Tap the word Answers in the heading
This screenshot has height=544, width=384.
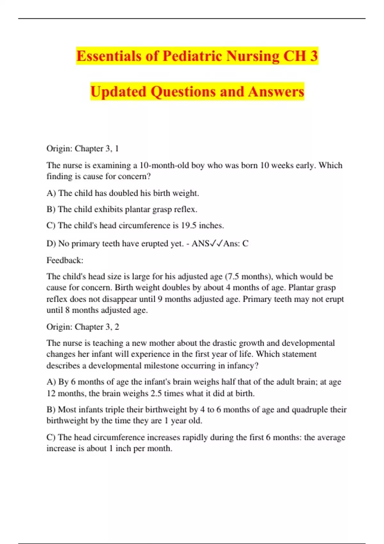pyautogui.click(x=276, y=92)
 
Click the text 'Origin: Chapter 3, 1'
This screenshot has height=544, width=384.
pyautogui.click(x=83, y=148)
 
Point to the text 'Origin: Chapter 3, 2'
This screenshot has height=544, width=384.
pyautogui.click(x=83, y=327)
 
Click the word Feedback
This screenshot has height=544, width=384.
pyautogui.click(x=65, y=260)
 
